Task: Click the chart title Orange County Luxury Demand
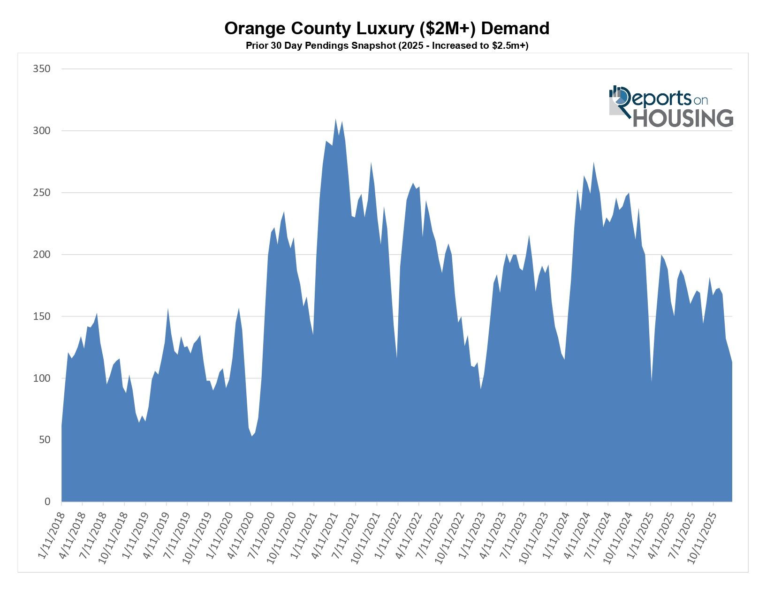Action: pos(387,29)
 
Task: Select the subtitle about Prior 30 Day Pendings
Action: pos(387,46)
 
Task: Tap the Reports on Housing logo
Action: pos(671,106)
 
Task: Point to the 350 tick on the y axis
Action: pos(41,69)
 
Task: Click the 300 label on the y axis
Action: pos(41,131)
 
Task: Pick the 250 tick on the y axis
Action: pos(41,193)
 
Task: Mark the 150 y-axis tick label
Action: pos(41,317)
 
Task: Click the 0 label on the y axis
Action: pos(47,502)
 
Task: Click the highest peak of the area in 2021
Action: pos(335,119)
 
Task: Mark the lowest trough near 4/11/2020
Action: pos(252,436)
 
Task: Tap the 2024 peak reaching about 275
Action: pos(593,163)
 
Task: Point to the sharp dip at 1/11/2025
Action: pos(652,381)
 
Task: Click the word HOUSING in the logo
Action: pos(683,118)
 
